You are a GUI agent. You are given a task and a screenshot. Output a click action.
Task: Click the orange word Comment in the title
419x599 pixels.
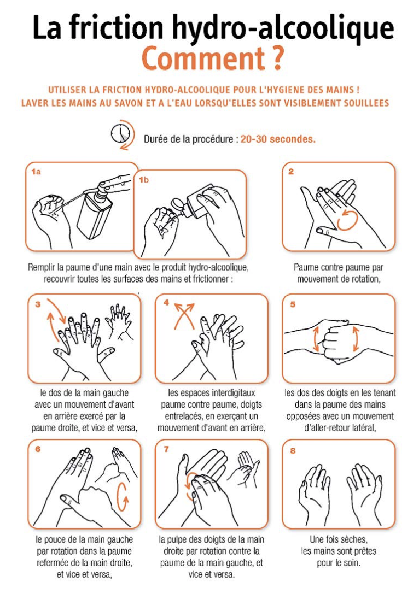point(203,58)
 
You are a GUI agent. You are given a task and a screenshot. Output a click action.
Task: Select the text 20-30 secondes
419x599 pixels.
point(278,139)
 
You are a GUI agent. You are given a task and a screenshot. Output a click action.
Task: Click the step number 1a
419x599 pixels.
point(36,172)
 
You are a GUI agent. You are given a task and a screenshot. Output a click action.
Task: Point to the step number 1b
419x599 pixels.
point(144,180)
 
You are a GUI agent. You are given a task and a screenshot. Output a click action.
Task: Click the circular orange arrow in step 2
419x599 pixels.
point(347,220)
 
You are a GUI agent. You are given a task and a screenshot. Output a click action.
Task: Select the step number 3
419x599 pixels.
point(37,304)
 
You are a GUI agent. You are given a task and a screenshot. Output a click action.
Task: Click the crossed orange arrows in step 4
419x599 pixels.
point(184,315)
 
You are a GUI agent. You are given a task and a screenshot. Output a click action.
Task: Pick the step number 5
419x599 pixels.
point(293,304)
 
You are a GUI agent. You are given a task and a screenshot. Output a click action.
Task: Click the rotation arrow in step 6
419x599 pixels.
point(123,497)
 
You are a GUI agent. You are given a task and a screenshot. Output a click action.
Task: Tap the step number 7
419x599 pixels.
point(166,449)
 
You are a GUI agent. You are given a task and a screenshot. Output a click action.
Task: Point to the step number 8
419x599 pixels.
point(293,451)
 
